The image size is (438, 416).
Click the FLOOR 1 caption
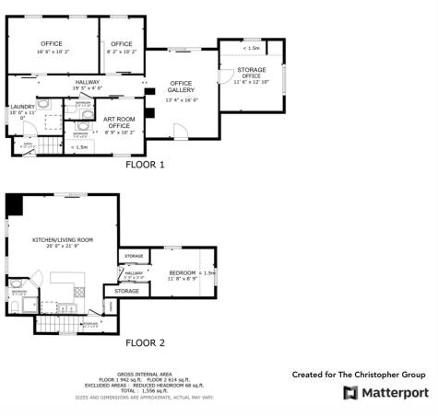click(x=146, y=165)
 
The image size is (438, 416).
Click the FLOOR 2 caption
click(x=145, y=342)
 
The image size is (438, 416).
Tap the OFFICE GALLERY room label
click(x=181, y=87)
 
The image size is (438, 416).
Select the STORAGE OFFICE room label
click(x=251, y=71)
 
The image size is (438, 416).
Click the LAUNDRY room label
click(x=22, y=107)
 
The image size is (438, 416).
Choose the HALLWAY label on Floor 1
click(x=88, y=82)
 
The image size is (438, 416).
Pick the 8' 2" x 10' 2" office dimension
click(x=123, y=52)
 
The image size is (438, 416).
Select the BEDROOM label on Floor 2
click(x=183, y=273)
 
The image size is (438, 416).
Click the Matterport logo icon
click(x=349, y=393)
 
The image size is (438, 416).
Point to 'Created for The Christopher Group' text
click(x=359, y=375)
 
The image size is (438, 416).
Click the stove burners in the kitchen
click(x=79, y=292)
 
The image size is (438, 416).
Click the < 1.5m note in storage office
click(x=251, y=47)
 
